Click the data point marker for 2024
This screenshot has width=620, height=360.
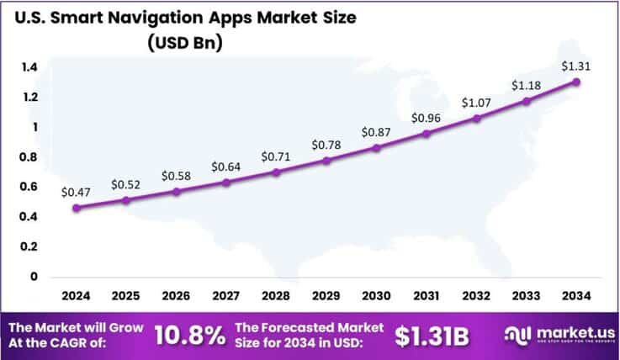77,208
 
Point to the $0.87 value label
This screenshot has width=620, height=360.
375,132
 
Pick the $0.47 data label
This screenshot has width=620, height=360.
76,192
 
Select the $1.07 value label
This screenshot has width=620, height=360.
476,102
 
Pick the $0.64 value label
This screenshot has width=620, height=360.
226,167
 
